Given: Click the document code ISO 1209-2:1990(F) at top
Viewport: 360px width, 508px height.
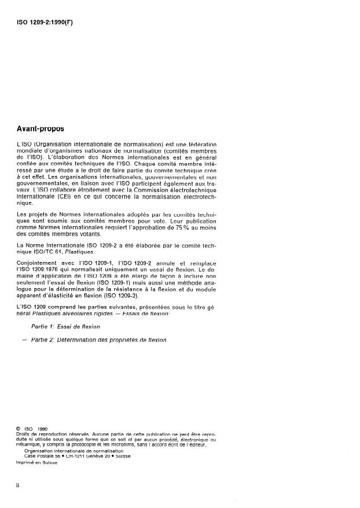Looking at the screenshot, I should (46, 24).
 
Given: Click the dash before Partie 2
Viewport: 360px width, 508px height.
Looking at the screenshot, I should (23, 340).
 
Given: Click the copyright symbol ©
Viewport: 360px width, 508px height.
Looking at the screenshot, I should (20, 429).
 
